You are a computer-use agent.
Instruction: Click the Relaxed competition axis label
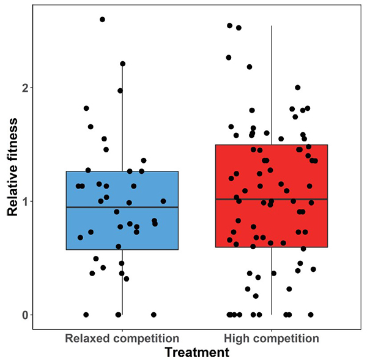pos(122,338)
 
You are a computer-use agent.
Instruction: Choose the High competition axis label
pos(272,338)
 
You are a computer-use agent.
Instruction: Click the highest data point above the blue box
pos(102,20)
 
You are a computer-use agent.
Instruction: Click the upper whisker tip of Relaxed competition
pos(122,63)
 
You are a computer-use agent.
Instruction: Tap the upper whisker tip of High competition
pos(272,26)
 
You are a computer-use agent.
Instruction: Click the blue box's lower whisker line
pos(122,282)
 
